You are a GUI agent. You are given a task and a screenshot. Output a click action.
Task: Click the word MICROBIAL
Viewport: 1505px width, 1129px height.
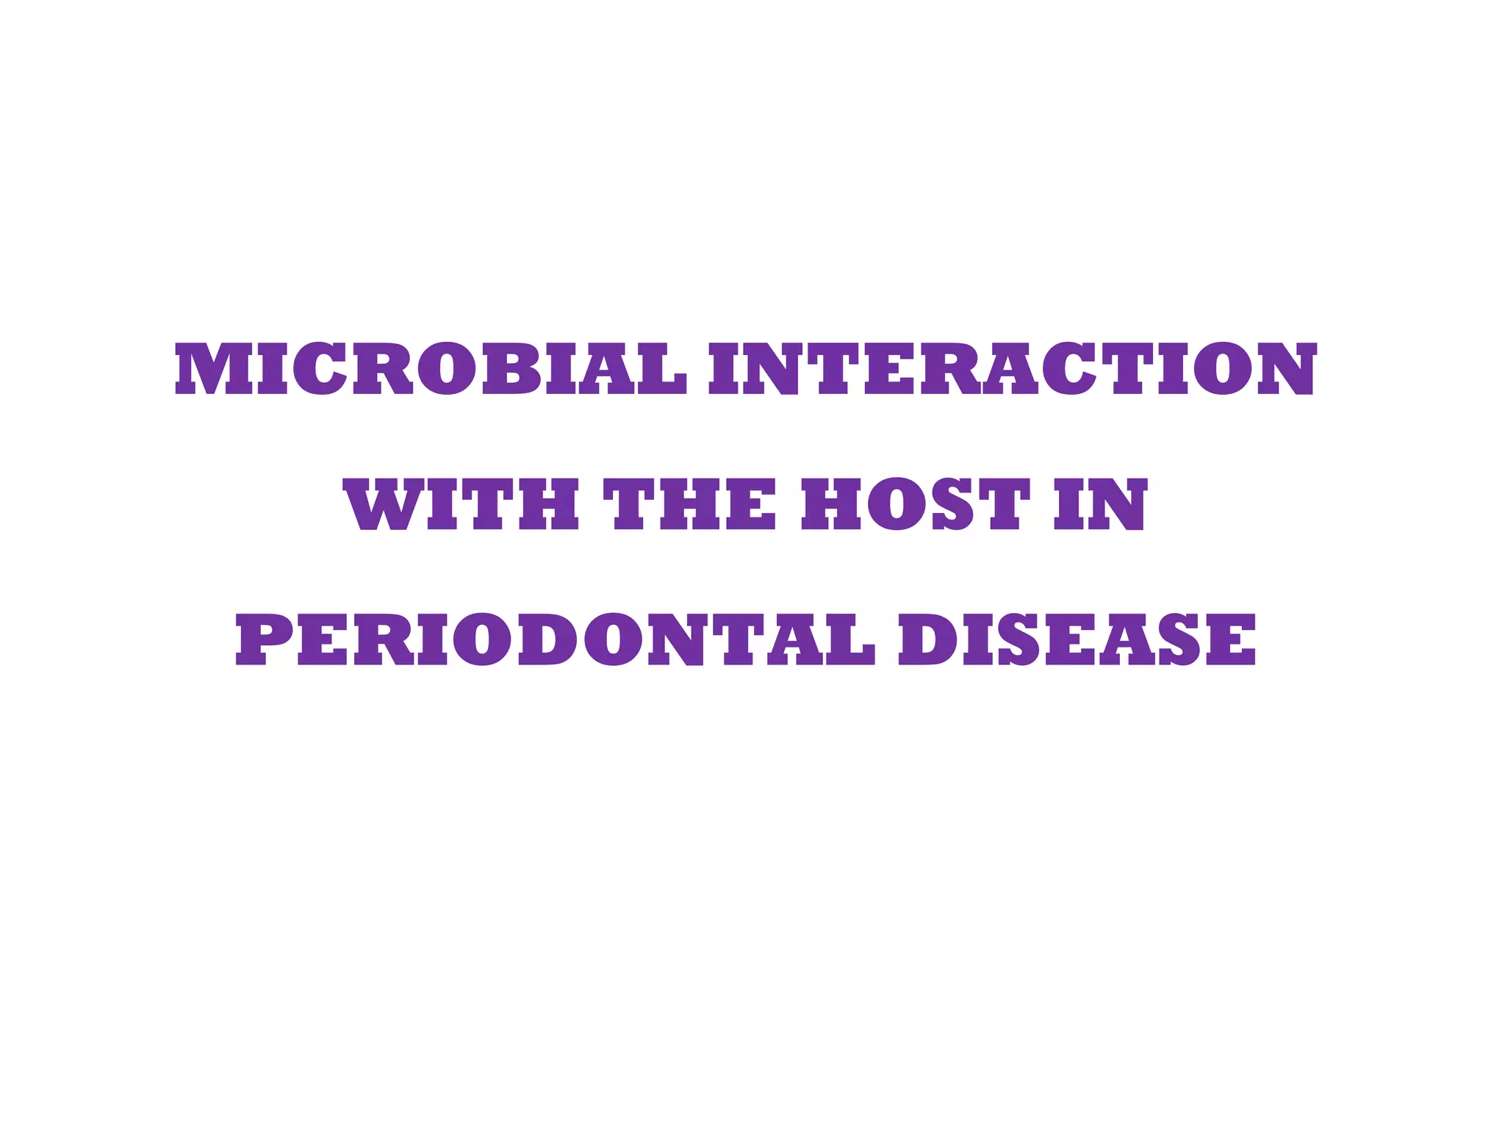431,369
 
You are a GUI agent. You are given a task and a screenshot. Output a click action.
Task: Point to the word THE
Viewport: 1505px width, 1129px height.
689,504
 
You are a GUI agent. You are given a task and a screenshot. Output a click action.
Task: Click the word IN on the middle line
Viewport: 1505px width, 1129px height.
1100,504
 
